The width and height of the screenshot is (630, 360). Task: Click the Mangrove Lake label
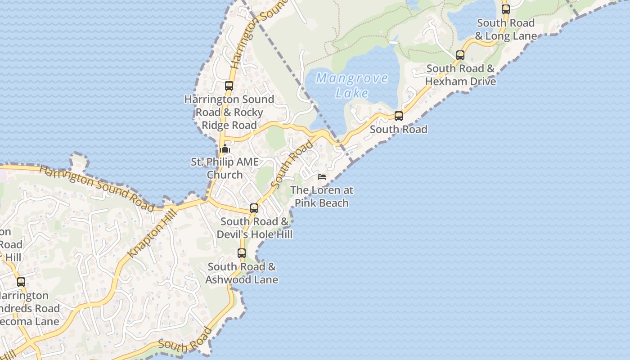point(352,85)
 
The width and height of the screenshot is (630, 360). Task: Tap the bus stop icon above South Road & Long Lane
point(506,9)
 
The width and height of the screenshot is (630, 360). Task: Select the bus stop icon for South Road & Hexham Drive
point(460,55)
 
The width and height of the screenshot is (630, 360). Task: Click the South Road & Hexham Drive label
point(460,75)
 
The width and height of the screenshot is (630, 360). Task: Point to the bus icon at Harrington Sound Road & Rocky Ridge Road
point(229,86)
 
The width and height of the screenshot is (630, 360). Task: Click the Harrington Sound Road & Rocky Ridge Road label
point(229,112)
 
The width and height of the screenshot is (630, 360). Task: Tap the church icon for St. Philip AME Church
point(225,148)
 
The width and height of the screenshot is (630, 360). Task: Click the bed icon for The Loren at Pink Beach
point(322,176)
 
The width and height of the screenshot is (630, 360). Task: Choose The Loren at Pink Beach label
point(322,197)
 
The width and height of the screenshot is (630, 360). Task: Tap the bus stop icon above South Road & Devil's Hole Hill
point(254,208)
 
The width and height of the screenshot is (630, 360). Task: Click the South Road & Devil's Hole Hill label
point(255,228)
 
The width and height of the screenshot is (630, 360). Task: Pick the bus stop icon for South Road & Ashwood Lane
point(242,253)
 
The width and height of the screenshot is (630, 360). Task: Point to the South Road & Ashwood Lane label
point(242,273)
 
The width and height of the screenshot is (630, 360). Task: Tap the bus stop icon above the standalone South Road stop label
point(399,116)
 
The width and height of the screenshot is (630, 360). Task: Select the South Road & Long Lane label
point(506,29)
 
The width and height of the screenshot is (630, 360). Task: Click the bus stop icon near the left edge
point(21,282)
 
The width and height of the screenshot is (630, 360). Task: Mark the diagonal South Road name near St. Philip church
point(292,165)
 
